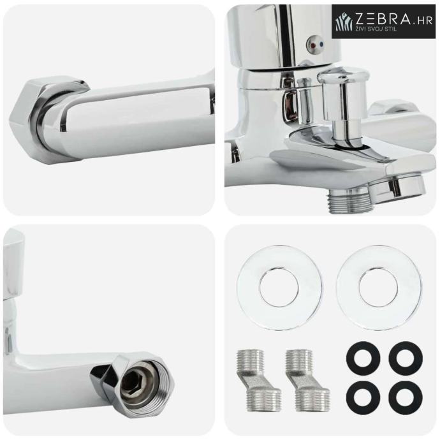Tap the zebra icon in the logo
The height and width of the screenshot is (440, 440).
(344, 21)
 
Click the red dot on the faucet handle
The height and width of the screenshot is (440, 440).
(312, 45)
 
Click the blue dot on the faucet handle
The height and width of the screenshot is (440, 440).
(321, 45)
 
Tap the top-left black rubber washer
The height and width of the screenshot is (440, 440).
(363, 358)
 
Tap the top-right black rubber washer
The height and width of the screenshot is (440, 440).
(405, 358)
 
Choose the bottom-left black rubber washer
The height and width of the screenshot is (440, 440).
(363, 398)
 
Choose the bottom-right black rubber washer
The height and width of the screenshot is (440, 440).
(405, 398)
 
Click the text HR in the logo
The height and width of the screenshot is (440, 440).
(426, 21)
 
